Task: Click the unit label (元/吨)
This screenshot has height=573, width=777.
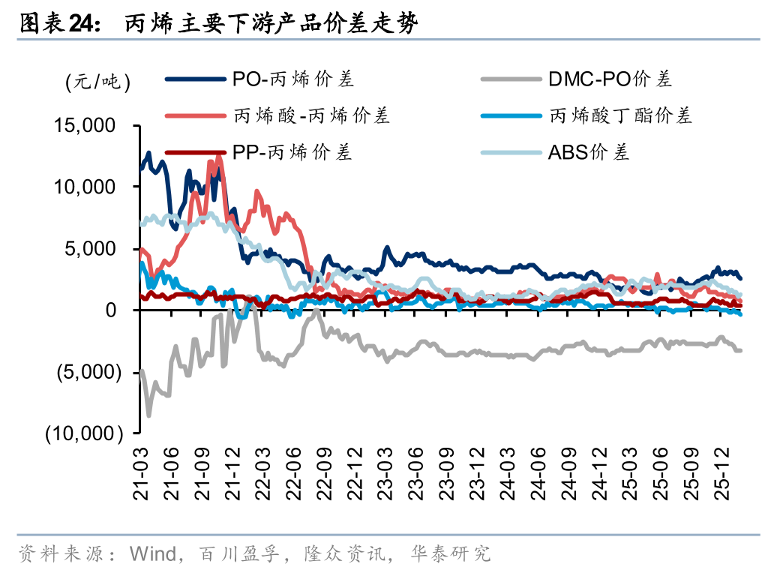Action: pos(97,81)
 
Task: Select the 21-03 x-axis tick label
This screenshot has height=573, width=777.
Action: pos(142,469)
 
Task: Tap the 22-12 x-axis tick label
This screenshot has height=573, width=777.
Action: pos(355,469)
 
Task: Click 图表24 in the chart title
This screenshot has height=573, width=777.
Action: pos(57,24)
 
